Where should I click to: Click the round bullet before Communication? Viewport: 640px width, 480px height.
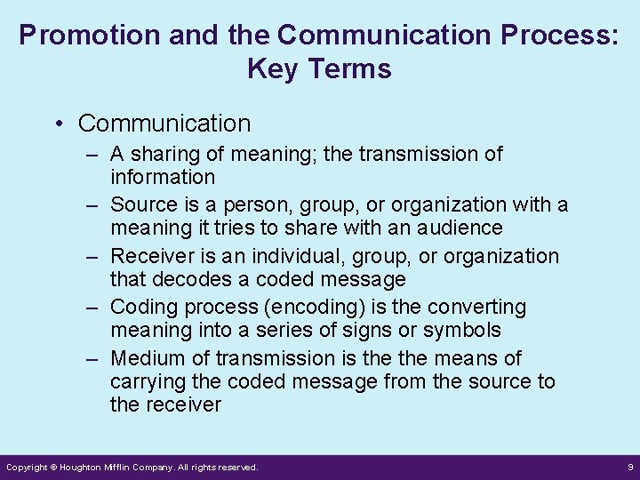click(60, 124)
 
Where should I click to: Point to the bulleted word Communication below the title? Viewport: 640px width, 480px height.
click(164, 123)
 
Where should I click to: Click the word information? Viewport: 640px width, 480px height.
click(163, 177)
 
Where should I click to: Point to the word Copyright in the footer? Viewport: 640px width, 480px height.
click(27, 467)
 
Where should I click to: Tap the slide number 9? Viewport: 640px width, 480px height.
click(629, 467)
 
